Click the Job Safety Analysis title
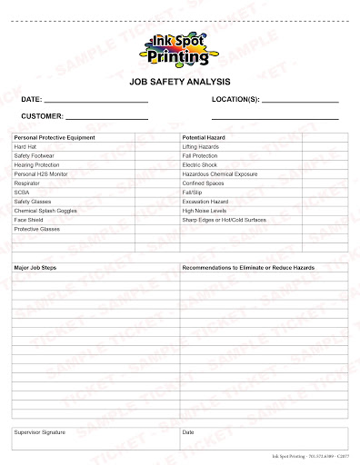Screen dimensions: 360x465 180,81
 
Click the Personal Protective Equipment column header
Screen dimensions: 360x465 55,136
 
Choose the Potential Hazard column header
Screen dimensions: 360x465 204,136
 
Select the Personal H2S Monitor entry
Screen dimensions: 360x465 41,173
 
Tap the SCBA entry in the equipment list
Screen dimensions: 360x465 21,192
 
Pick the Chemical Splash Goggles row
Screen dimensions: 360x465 45,210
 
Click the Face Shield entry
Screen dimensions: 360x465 28,220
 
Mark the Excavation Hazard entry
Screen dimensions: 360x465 205,201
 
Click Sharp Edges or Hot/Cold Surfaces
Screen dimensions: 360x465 224,220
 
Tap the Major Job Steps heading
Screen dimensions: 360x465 35,269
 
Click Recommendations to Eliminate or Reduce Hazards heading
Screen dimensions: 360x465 248,269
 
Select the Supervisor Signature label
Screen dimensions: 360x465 40,432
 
